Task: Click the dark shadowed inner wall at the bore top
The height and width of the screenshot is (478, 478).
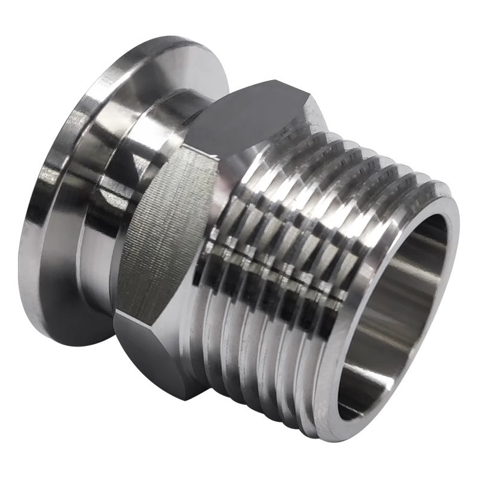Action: pyautogui.click(x=418, y=239)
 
